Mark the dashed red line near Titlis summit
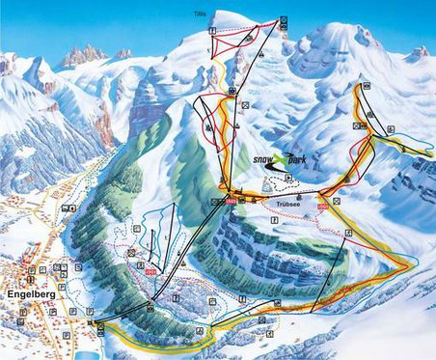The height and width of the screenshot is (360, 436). click(x=236, y=42)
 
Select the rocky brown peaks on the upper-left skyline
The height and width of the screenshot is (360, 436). click(x=85, y=55)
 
